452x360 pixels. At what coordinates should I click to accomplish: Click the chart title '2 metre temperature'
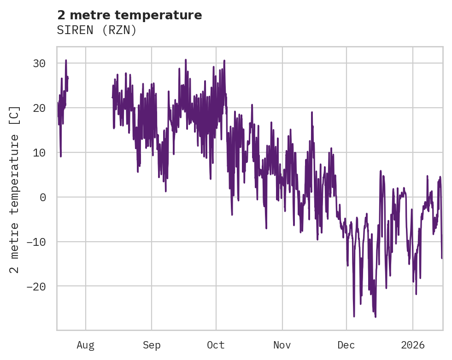tap(129, 15)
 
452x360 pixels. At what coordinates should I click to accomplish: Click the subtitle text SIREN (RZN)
tap(97, 30)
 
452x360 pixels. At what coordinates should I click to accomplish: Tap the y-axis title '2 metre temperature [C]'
tap(15, 189)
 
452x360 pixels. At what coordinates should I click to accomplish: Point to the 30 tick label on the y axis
tap(39, 64)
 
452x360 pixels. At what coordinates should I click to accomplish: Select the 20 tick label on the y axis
tap(39, 108)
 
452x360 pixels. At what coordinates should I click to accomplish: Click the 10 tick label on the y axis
tap(39, 152)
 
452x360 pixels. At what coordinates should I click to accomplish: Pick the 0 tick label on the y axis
tap(42, 197)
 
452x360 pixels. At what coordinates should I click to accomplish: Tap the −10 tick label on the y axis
tap(36, 242)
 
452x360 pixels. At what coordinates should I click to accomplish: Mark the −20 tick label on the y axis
tap(36, 286)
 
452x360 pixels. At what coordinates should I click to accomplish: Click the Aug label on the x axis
tap(86, 345)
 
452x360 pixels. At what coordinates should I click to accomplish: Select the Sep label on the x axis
tap(151, 345)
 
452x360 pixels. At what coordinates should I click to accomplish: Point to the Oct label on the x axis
tap(216, 345)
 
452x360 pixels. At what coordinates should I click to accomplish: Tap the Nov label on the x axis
tap(282, 345)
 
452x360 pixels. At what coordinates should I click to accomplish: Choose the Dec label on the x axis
tap(346, 345)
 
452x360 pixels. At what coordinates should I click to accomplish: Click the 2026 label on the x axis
tap(413, 345)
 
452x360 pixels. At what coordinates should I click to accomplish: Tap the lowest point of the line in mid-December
tap(376, 317)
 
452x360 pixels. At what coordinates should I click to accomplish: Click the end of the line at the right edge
tap(441, 258)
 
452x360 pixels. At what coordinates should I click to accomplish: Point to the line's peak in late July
tap(66, 60)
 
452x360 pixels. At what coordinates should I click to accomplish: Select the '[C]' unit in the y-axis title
tap(15, 115)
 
